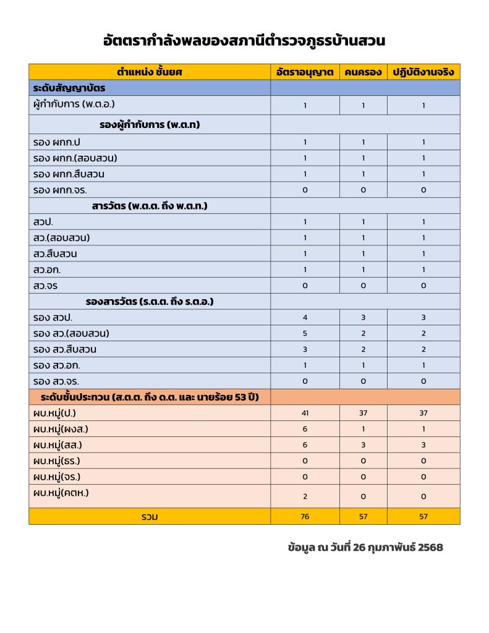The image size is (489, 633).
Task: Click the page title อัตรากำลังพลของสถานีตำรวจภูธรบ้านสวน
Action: click(x=244, y=41)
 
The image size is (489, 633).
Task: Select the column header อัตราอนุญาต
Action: click(x=305, y=72)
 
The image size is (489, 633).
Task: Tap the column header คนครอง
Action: click(x=363, y=72)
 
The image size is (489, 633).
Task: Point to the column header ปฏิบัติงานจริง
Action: click(x=423, y=72)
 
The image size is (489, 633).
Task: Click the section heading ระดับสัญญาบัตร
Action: click(x=70, y=88)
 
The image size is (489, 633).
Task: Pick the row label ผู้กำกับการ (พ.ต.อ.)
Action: click(x=74, y=104)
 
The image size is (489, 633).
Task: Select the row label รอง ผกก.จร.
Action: click(x=64, y=190)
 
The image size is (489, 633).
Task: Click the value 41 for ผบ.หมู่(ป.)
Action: click(x=305, y=413)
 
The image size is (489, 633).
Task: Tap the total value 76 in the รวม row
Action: click(x=305, y=517)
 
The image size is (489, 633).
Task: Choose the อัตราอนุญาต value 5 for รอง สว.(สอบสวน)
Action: click(x=305, y=334)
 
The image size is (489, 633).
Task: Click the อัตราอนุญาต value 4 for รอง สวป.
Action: click(x=305, y=318)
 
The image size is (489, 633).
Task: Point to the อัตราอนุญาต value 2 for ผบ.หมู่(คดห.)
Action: click(x=305, y=496)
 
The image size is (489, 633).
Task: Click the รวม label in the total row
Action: click(x=149, y=517)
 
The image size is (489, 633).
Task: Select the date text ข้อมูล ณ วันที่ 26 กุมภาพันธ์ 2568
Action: click(x=365, y=548)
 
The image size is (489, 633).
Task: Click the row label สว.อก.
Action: click(x=49, y=270)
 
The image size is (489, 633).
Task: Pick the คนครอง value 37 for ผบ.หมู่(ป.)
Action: click(x=363, y=413)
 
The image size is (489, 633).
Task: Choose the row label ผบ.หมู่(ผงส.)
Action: click(x=64, y=429)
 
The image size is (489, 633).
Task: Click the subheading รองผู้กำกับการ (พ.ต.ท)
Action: click(x=153, y=124)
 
